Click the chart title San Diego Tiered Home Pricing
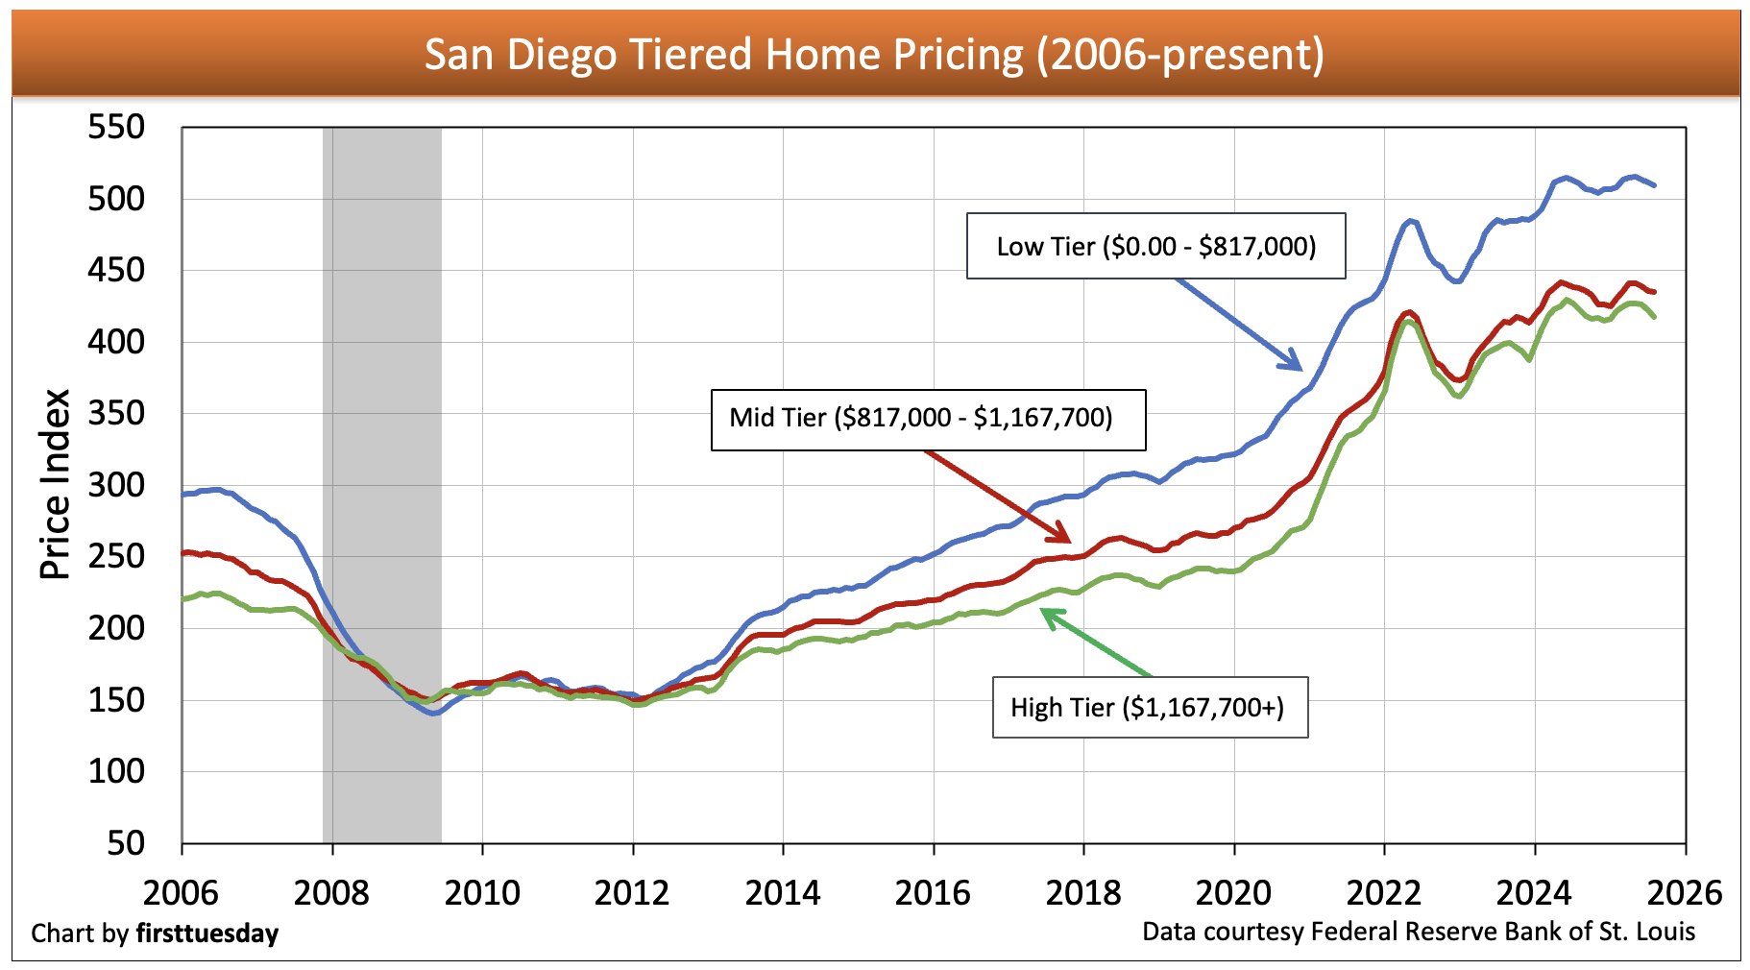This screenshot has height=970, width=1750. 874,55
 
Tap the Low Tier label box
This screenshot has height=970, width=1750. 1155,247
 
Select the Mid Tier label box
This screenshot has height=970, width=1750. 928,419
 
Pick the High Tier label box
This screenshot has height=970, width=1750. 1150,708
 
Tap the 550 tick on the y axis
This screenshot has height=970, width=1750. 116,127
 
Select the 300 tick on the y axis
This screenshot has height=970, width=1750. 116,485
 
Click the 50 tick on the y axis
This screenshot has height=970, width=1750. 126,843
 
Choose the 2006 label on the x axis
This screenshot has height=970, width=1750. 181,893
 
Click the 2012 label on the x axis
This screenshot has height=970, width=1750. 632,893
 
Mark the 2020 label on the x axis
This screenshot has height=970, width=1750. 1233,893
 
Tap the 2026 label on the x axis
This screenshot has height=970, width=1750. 1685,893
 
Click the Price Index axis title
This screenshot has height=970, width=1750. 56,484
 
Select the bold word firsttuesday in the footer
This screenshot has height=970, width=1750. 207,934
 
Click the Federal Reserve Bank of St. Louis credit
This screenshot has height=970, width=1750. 1502,932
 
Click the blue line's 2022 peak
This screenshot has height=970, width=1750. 1409,221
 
